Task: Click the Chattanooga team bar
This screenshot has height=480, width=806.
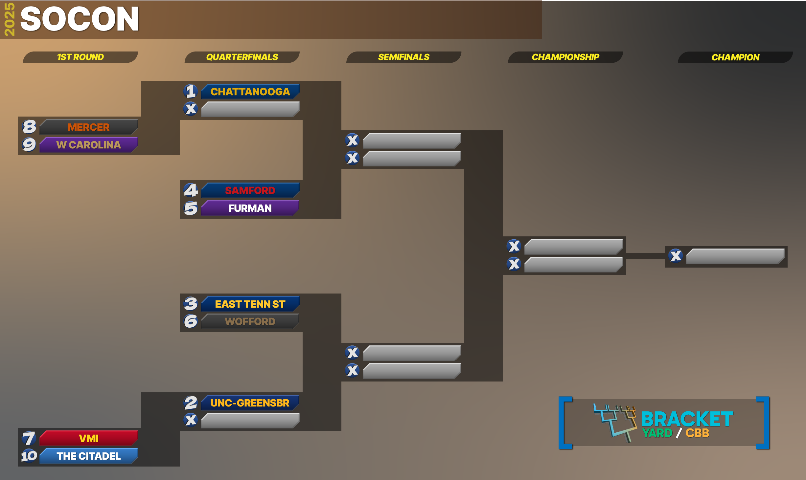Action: pos(250,92)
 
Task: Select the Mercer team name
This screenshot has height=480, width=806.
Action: pos(89,127)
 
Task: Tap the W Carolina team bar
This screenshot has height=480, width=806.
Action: pos(88,145)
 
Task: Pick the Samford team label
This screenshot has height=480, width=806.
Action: pos(250,190)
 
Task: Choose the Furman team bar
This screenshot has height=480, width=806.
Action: pos(250,208)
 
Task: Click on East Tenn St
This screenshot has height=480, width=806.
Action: pos(250,304)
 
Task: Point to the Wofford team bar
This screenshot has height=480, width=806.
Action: pos(250,321)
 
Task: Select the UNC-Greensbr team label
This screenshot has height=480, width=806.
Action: pos(250,403)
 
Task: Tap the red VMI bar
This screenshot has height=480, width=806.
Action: pos(88,438)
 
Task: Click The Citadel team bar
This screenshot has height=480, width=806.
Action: pos(88,456)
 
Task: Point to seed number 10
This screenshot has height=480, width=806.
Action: pos(29,456)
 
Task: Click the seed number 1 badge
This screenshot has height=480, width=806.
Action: pos(191,91)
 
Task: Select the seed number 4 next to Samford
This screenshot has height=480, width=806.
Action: pos(191,190)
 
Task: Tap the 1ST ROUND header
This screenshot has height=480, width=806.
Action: pos(81,57)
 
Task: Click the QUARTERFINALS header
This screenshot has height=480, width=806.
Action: pos(242,57)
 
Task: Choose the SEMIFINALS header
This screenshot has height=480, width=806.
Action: pos(404,57)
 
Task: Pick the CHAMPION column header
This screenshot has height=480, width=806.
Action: pos(735,57)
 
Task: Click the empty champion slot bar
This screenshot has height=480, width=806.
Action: pos(735,256)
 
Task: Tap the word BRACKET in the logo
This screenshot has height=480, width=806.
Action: pos(687,419)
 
